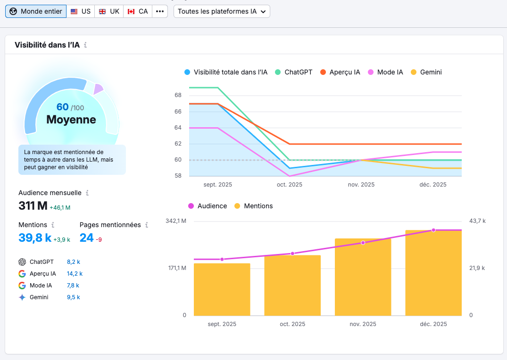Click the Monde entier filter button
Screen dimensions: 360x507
click(x=36, y=11)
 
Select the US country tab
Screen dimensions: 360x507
click(x=80, y=11)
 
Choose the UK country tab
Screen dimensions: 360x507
click(x=109, y=11)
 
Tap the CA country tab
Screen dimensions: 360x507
click(x=138, y=11)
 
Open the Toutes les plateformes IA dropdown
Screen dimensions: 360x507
click(x=222, y=11)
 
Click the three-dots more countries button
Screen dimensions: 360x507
click(x=160, y=11)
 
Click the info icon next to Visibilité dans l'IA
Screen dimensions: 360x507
click(x=85, y=45)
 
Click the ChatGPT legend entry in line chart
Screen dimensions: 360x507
click(x=293, y=72)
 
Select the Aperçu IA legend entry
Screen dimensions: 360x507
click(x=340, y=72)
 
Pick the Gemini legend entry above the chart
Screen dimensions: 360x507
click(x=426, y=72)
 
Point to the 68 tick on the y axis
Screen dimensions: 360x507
click(x=178, y=95)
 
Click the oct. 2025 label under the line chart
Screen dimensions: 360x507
click(x=289, y=185)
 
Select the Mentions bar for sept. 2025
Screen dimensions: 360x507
click(x=222, y=289)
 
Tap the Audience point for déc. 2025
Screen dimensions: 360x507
click(x=433, y=230)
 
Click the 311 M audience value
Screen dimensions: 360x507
click(x=33, y=206)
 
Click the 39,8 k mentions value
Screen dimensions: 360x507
click(x=35, y=238)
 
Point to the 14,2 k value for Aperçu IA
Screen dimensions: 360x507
click(x=75, y=274)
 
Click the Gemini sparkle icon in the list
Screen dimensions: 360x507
click(x=22, y=297)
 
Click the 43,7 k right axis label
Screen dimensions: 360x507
click(x=477, y=221)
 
